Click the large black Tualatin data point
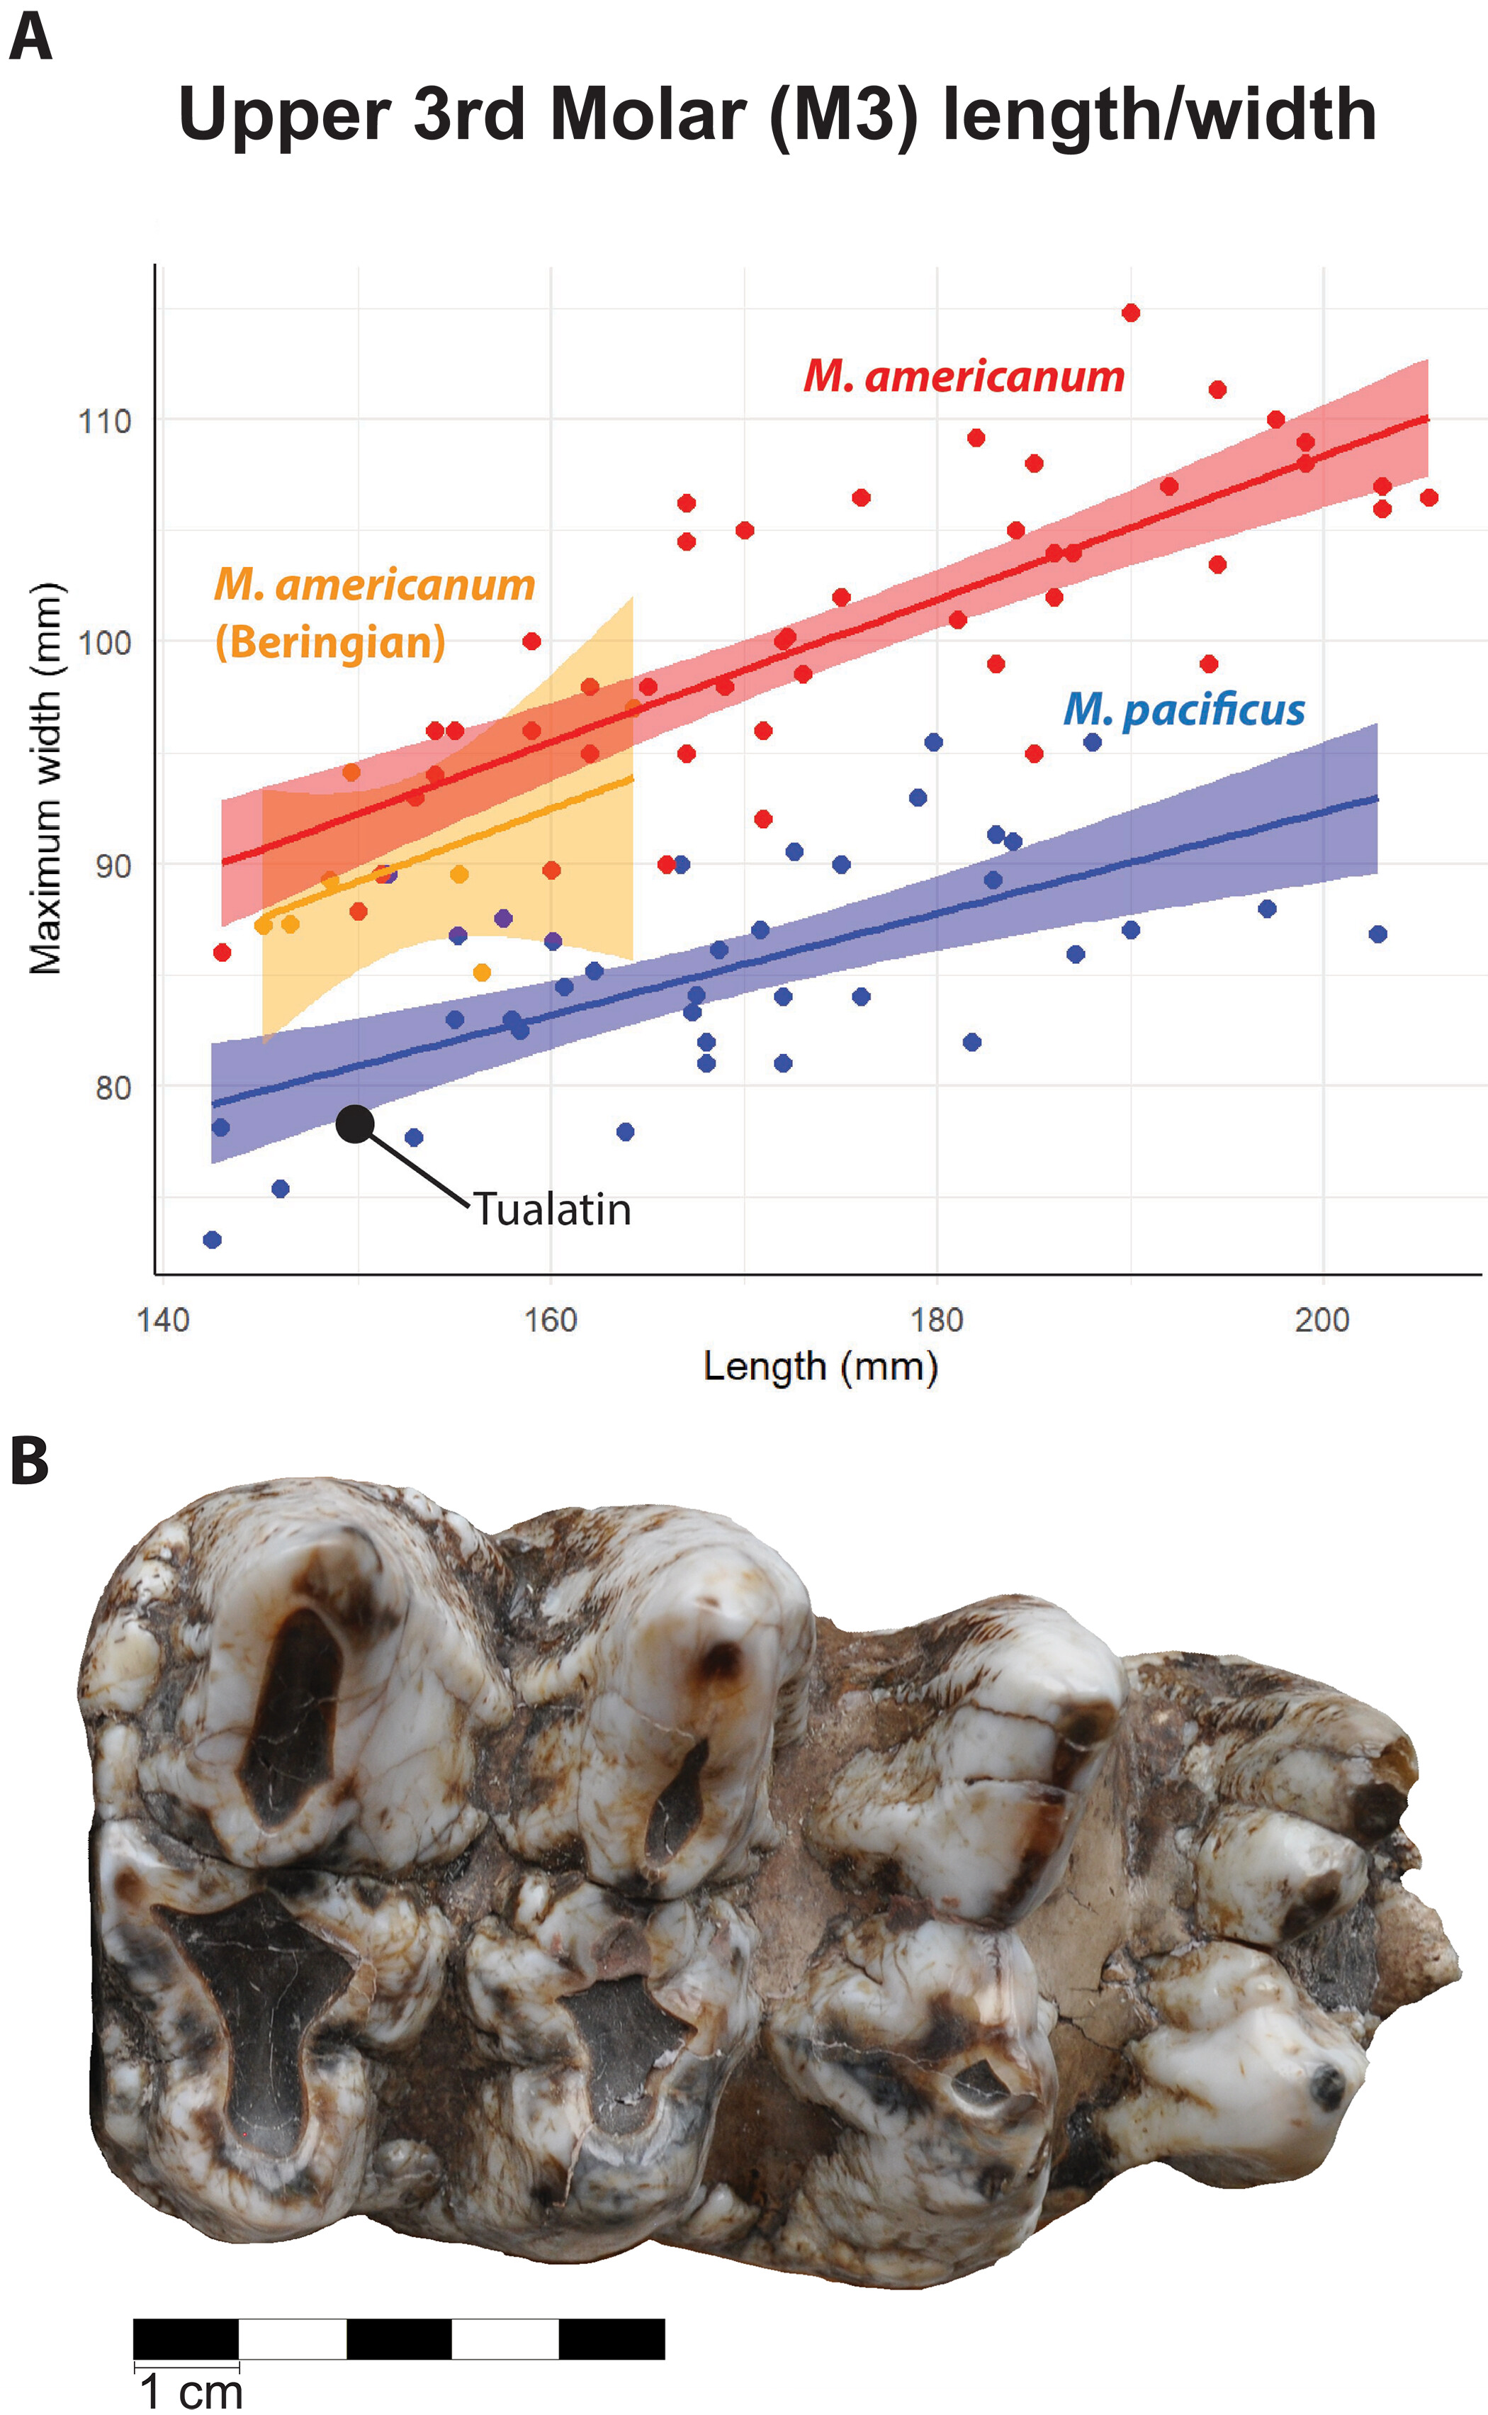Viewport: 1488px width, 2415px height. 355,1124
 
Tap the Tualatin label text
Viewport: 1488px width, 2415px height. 552,1209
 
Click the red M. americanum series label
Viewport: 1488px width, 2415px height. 964,376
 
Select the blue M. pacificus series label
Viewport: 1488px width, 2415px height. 1184,710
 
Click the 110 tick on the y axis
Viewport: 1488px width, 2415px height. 104,421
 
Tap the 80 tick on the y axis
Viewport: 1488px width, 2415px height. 112,1088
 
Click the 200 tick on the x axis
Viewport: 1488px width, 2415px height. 1321,1319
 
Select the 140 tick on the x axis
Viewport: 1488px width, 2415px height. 164,1319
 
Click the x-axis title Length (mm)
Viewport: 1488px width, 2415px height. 820,1367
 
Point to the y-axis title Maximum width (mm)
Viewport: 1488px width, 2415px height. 45,778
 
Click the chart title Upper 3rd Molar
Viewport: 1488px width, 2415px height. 777,116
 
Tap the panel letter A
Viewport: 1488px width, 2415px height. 30,40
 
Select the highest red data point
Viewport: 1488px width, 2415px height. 1131,313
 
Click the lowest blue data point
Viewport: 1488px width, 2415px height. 212,1240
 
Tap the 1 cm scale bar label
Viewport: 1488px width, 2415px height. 191,2392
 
